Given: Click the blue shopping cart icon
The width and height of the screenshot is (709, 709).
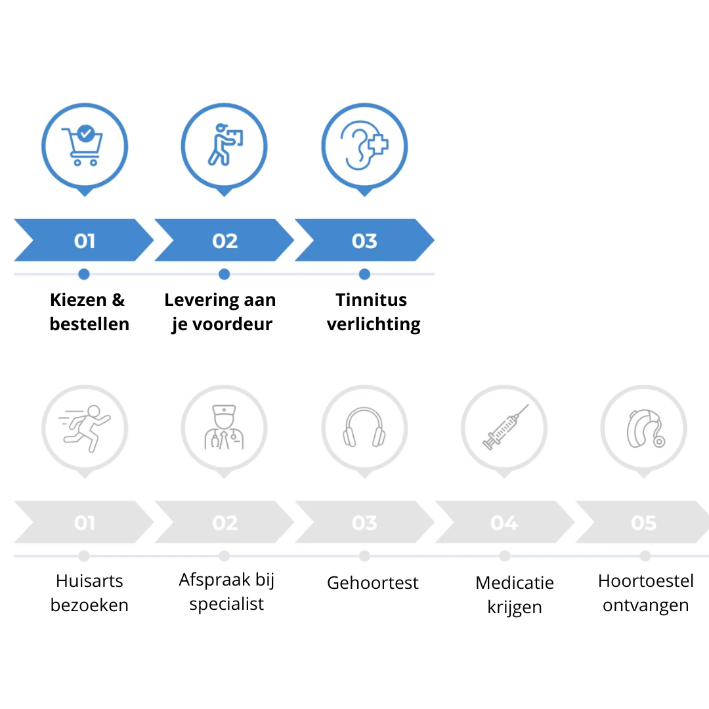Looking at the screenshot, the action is (83, 146).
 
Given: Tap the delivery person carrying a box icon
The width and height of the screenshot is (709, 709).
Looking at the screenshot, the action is (225, 144).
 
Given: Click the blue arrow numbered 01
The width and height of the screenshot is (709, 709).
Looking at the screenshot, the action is (83, 240).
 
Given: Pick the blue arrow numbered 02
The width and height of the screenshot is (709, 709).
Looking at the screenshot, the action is (225, 240).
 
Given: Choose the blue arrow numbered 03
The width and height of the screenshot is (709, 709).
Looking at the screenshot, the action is (364, 240).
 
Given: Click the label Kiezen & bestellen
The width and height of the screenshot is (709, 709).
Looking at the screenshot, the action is (89, 312).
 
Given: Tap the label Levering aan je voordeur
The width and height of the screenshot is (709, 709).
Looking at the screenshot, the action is (220, 312).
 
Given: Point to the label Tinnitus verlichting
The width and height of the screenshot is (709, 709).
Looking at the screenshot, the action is (374, 312).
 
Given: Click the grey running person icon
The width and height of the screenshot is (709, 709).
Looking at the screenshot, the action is (85, 428).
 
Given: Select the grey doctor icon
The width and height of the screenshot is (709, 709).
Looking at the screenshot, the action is (225, 427).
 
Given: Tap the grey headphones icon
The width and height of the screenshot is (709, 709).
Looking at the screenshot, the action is (364, 427).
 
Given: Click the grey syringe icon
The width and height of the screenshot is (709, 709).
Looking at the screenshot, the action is (505, 427).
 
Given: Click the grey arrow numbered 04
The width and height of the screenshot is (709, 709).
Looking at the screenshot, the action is (505, 522).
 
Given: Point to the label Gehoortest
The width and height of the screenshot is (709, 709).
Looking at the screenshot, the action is (373, 583).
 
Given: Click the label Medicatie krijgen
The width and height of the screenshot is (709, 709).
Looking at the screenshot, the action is (515, 595).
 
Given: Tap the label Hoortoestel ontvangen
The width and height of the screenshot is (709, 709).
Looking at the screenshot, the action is (646, 593).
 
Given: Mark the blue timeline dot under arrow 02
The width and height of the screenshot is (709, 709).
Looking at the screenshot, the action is (225, 274).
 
